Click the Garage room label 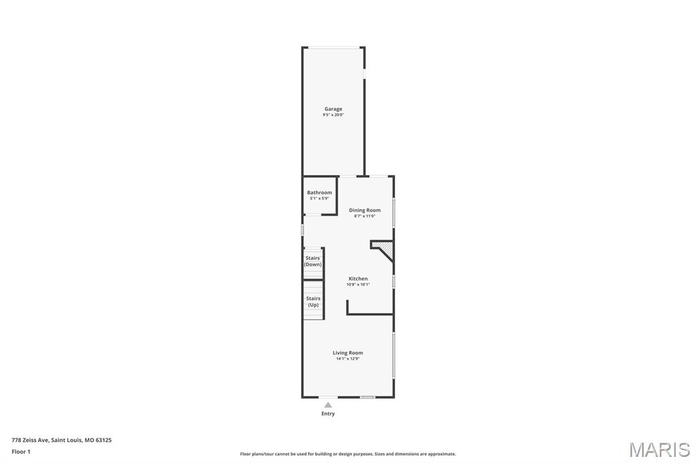tap(333, 109)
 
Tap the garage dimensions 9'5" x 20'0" tap(333, 115)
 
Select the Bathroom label tap(319, 193)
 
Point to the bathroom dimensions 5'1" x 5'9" tap(319, 199)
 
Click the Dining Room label tap(364, 210)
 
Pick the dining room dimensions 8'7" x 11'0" tap(364, 217)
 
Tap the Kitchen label tap(358, 278)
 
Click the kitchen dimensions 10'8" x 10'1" tap(358, 284)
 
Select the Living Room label tap(347, 353)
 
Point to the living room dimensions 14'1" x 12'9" tap(347, 358)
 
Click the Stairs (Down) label tap(313, 261)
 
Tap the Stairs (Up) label tap(313, 301)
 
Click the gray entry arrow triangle tap(328, 405)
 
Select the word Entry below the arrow tap(328, 413)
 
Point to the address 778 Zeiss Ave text tap(30, 441)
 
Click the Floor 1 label tap(21, 452)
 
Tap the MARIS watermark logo tap(659, 449)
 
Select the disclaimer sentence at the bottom tap(348, 454)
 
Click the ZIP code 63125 tap(104, 441)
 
